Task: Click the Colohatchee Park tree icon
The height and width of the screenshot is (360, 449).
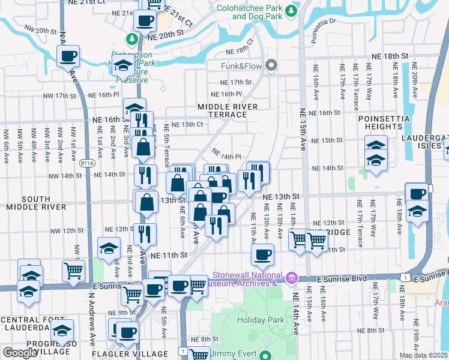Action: (x=291, y=11)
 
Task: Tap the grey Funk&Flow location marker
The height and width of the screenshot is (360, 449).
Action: (x=271, y=65)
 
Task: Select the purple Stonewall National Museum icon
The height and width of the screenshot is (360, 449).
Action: (x=292, y=277)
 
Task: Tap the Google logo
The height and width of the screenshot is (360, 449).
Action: (x=20, y=353)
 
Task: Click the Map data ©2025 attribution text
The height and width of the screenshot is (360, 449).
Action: (x=423, y=356)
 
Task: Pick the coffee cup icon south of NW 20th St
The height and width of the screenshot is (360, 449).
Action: (x=68, y=57)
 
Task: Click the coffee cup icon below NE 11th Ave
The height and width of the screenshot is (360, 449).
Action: (x=262, y=254)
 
